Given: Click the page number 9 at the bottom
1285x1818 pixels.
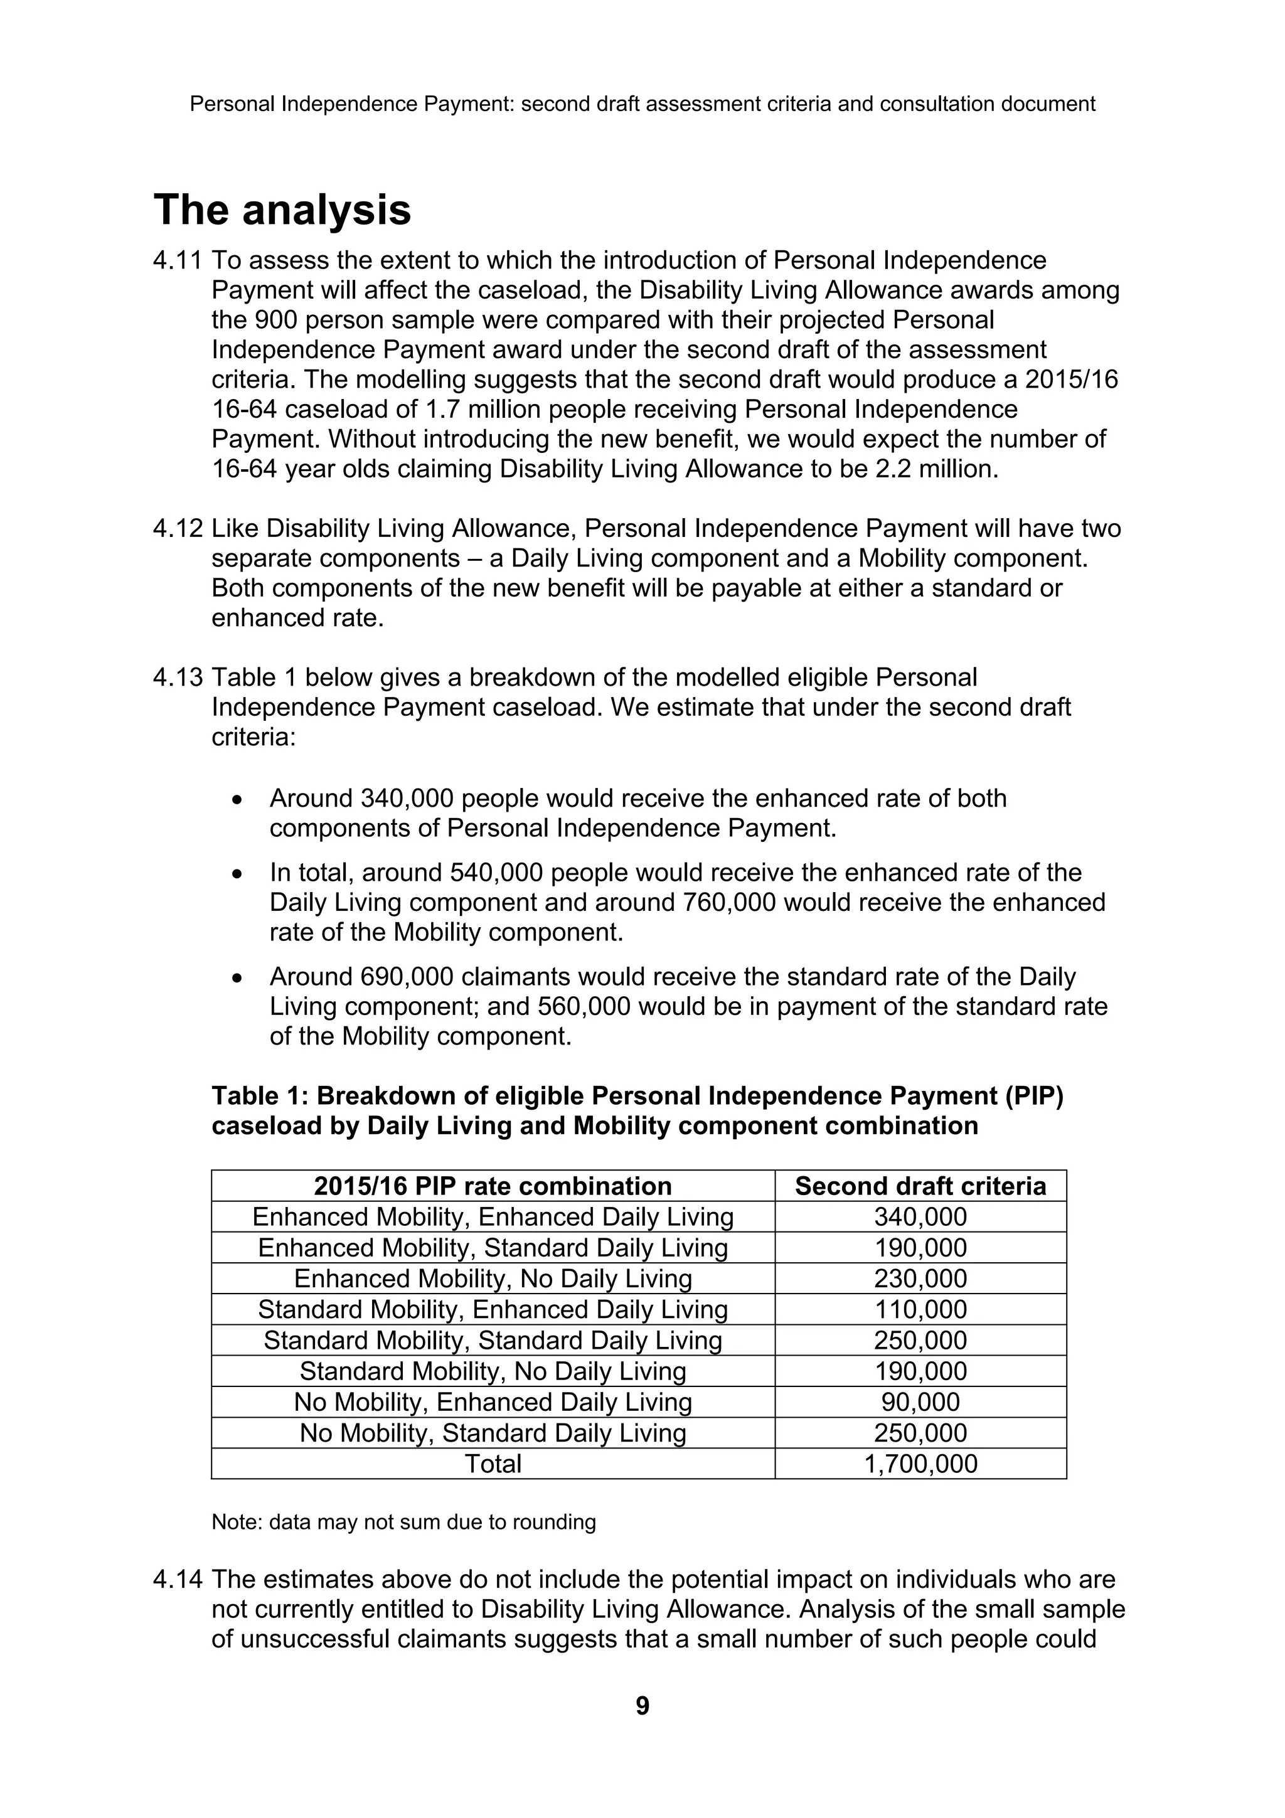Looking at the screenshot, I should click(642, 1705).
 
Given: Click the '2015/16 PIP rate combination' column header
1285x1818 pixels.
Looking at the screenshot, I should click(493, 1186).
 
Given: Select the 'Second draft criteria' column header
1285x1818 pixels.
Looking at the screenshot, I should click(920, 1186).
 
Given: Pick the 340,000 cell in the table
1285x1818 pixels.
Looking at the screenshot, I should click(920, 1216).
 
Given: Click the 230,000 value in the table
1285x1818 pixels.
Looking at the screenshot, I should click(920, 1278).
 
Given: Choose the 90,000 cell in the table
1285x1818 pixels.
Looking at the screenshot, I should click(920, 1401).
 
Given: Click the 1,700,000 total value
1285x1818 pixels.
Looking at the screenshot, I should click(920, 1464).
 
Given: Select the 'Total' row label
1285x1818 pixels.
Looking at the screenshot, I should click(493, 1464).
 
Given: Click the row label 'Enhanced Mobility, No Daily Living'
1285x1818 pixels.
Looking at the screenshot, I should click(493, 1278).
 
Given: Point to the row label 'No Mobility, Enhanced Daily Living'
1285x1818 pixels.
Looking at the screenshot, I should click(493, 1401).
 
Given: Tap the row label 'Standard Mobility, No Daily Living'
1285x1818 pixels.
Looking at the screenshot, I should click(493, 1371).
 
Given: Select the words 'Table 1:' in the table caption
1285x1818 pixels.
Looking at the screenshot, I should click(259, 1096).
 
